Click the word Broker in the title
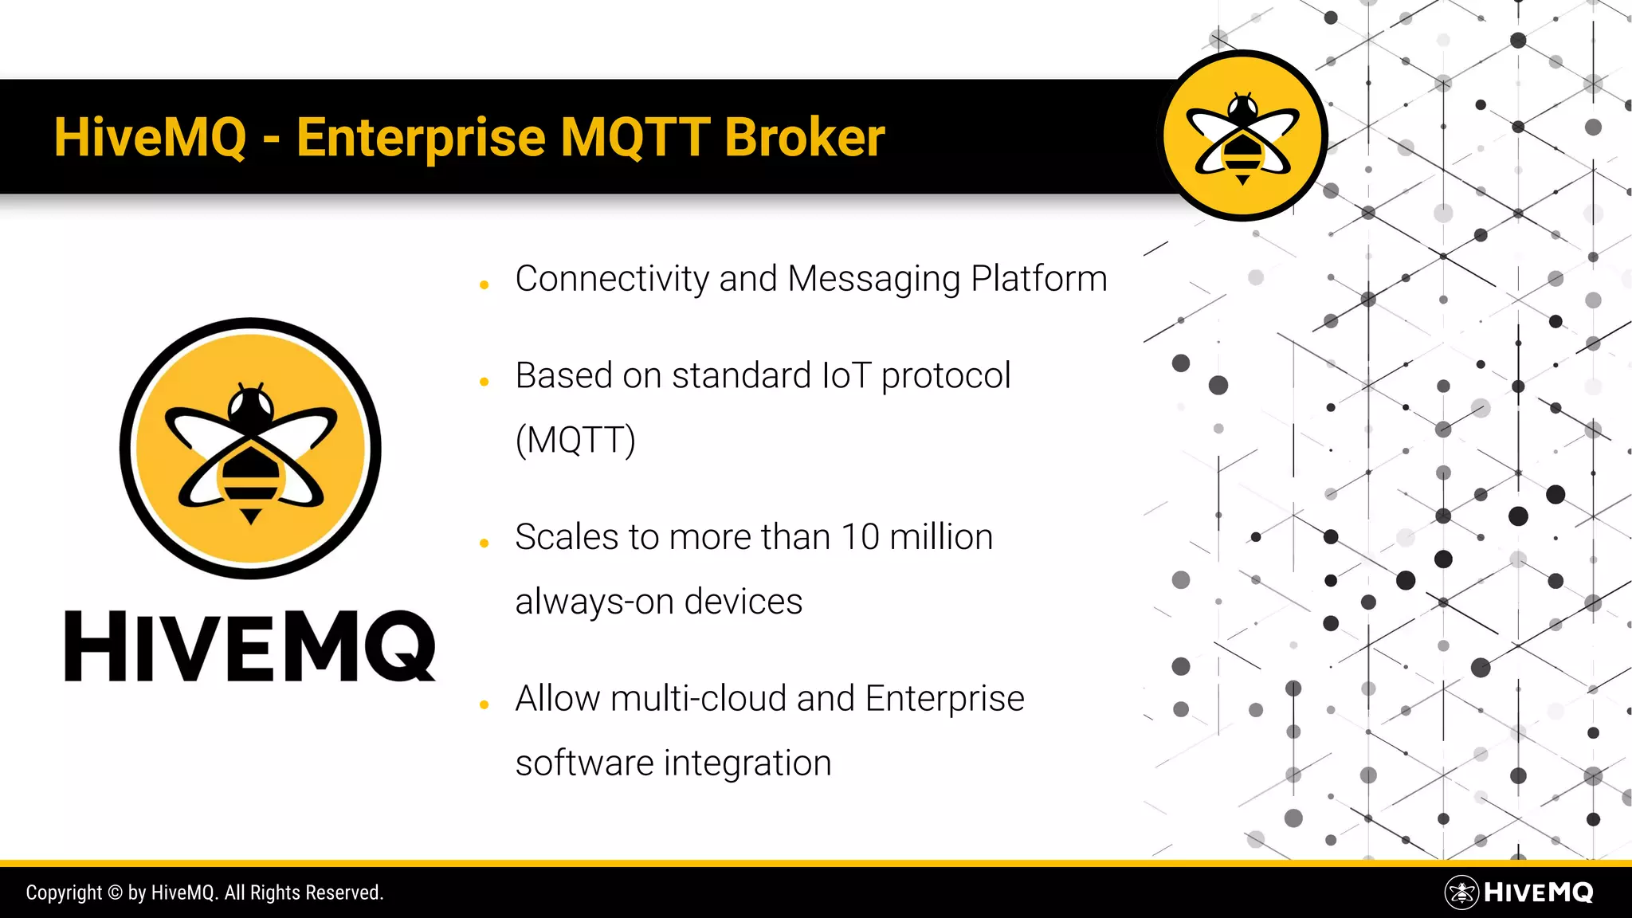click(804, 137)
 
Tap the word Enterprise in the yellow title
click(421, 139)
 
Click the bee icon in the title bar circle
click(1242, 136)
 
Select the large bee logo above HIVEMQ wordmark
click(250, 449)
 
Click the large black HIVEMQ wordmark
click(250, 646)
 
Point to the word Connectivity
click(612, 280)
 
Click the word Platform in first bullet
click(1039, 280)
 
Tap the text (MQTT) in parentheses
click(575, 440)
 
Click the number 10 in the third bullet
click(860, 537)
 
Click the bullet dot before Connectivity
click(484, 284)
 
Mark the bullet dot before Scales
click(484, 543)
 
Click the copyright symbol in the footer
click(115, 892)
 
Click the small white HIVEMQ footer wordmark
click(1538, 892)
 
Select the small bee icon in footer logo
click(1461, 892)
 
